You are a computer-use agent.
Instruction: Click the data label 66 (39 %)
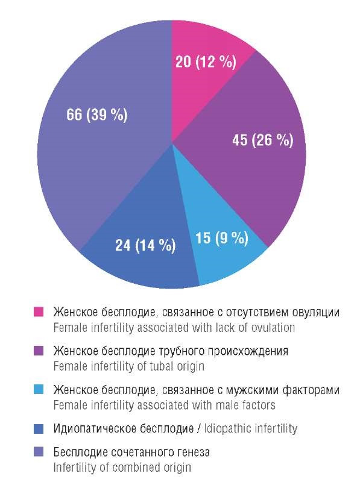[x=97, y=114]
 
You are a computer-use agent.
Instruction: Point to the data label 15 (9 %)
[x=222, y=238]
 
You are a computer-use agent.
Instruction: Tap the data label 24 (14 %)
[x=145, y=245]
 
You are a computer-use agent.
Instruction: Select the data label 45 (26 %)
[x=263, y=140]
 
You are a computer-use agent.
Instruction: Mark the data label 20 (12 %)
[x=206, y=61]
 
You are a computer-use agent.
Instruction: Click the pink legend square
[x=39, y=312]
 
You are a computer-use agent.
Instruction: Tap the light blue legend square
[x=39, y=389]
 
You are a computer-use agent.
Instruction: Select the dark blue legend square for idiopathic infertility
[x=39, y=429]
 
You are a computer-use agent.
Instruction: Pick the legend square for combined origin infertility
[x=39, y=452]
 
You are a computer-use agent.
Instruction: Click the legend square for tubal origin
[x=39, y=351]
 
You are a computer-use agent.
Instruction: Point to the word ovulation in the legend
[x=273, y=328]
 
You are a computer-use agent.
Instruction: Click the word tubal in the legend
[x=162, y=366]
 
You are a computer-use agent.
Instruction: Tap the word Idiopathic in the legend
[x=227, y=429]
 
